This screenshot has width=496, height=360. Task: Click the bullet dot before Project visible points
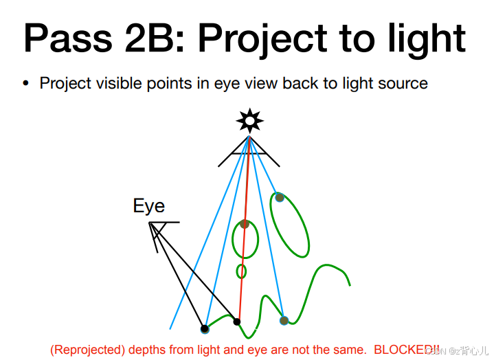[x=25, y=84]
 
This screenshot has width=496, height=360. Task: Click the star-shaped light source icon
[x=249, y=121]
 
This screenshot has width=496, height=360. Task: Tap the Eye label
[x=149, y=206]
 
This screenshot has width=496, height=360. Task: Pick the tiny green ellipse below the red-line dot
[x=241, y=271]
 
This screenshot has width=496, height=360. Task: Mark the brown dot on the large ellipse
[x=280, y=197]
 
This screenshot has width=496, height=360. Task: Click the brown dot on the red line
[x=244, y=224]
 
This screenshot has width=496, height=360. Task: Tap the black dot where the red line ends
[x=237, y=322]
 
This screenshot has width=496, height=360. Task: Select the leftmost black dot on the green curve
[x=204, y=328]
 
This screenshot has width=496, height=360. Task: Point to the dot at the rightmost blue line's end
[x=284, y=320]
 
